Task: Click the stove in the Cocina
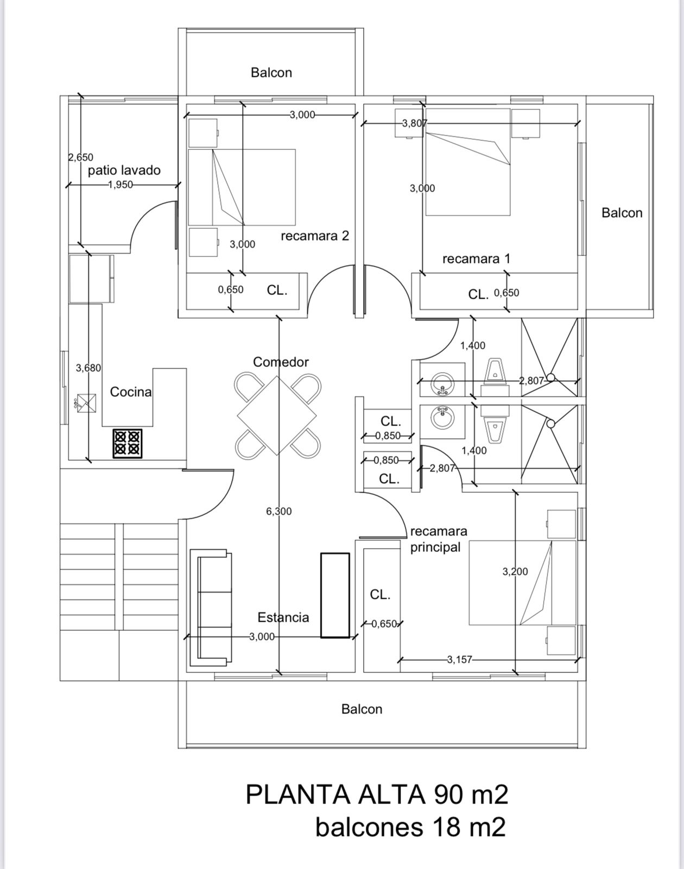pyautogui.click(x=128, y=443)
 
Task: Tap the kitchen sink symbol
pyautogui.click(x=86, y=403)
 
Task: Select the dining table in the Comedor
pyautogui.click(x=277, y=415)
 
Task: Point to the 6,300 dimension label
pyautogui.click(x=278, y=511)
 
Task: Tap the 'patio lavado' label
pyautogui.click(x=124, y=171)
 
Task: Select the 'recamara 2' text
pyautogui.click(x=315, y=235)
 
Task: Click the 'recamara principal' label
pyautogui.click(x=439, y=539)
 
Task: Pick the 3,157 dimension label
pyautogui.click(x=459, y=659)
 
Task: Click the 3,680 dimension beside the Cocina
pyautogui.click(x=88, y=368)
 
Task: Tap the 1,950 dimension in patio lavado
pyautogui.click(x=121, y=185)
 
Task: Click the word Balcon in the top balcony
pyautogui.click(x=271, y=73)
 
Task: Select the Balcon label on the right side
pyautogui.click(x=622, y=213)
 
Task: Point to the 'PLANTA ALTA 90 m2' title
pyautogui.click(x=377, y=795)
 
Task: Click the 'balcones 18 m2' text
pyautogui.click(x=410, y=827)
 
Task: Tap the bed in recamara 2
pyautogui.click(x=242, y=187)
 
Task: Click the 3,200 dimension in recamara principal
pyautogui.click(x=515, y=571)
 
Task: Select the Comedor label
pyautogui.click(x=281, y=362)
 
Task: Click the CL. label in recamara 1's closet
pyautogui.click(x=478, y=295)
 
